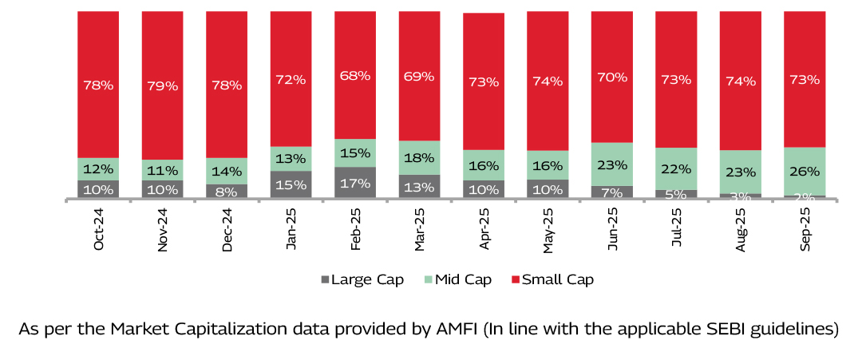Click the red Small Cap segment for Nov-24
pos(162,48)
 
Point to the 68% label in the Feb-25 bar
pos(354,76)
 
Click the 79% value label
pos(162,85)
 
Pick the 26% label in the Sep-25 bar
pos(804,170)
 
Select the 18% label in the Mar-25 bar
pos(419,157)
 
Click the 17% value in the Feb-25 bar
pos(354,183)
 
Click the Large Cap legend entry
pos(362,279)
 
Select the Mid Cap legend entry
pos(458,279)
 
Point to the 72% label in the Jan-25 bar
pos(291,79)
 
